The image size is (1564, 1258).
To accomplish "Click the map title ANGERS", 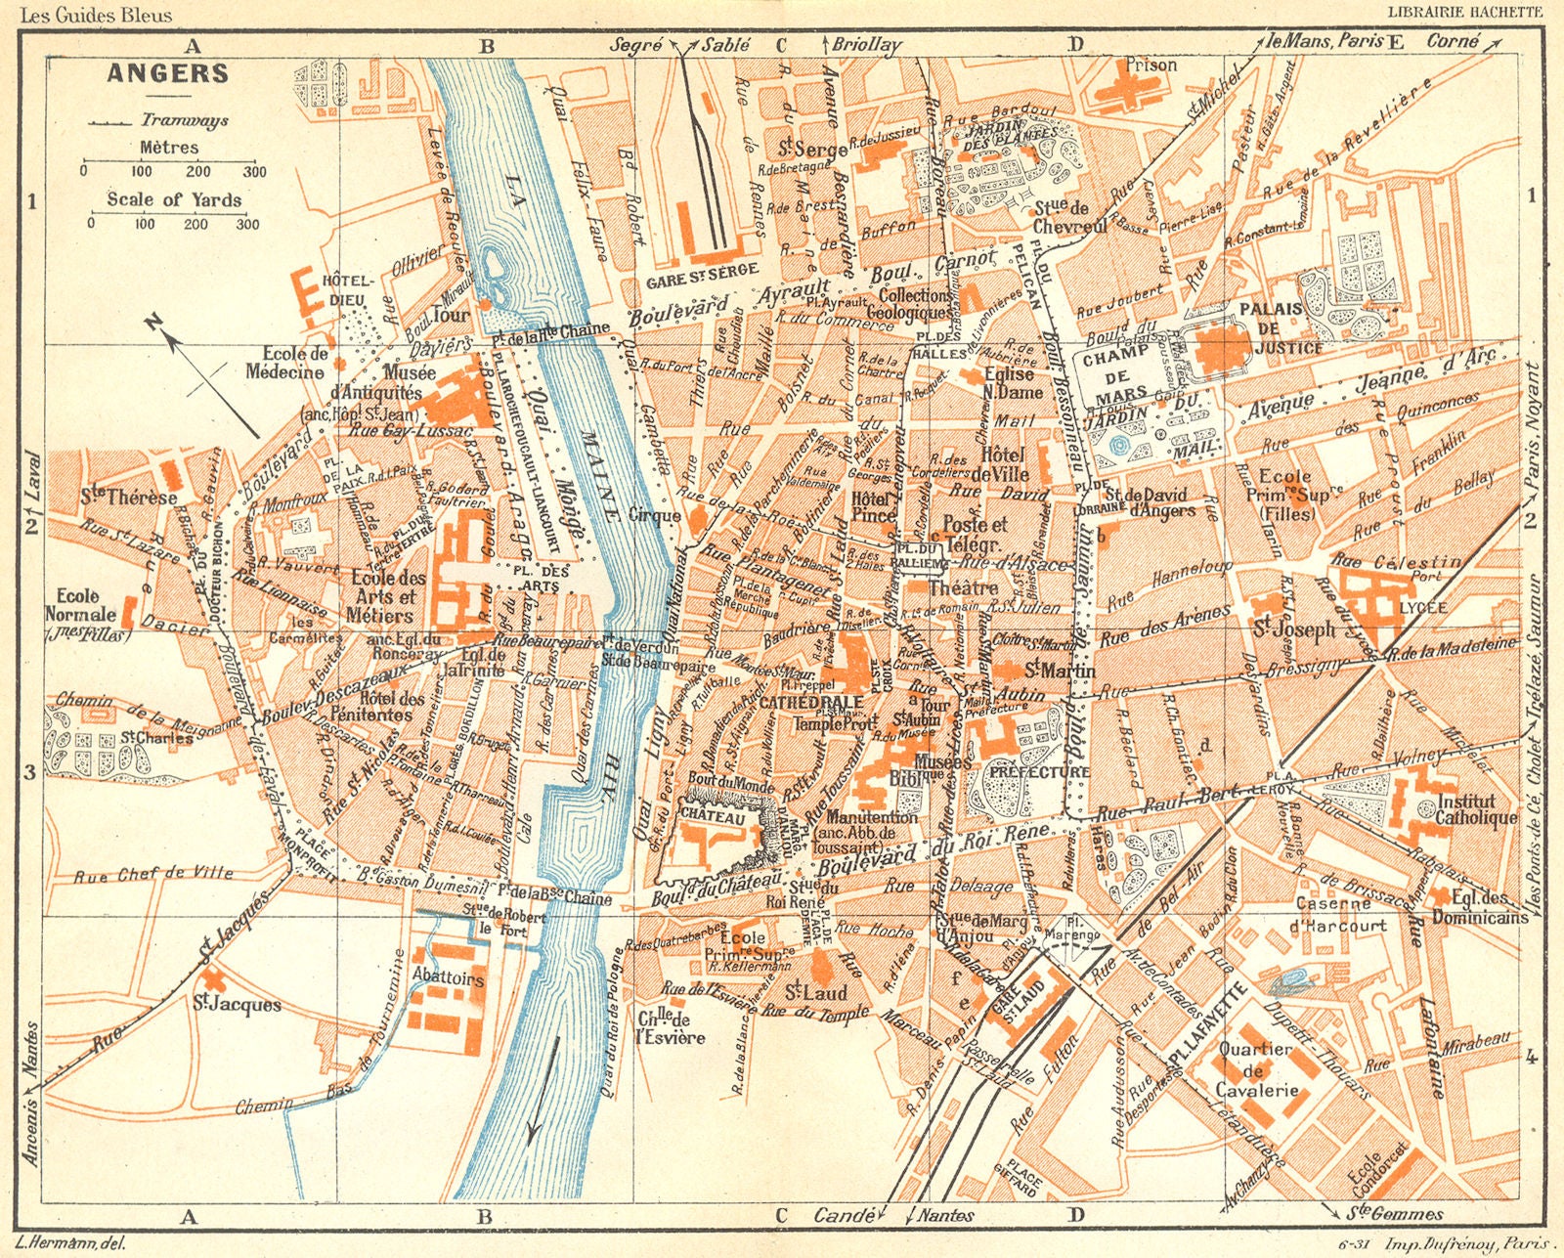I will tap(167, 74).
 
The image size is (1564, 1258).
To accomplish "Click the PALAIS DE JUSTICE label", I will tap(1282, 327).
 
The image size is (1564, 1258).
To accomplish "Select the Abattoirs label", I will tap(448, 978).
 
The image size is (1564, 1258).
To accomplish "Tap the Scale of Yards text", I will tap(174, 199).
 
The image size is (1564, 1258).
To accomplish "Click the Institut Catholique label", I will tap(1476, 809).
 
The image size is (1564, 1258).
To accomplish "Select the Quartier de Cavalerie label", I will tap(1256, 1069).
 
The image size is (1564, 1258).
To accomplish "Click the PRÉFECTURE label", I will tap(1038, 771).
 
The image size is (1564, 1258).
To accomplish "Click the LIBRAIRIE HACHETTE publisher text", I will tap(1464, 12).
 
